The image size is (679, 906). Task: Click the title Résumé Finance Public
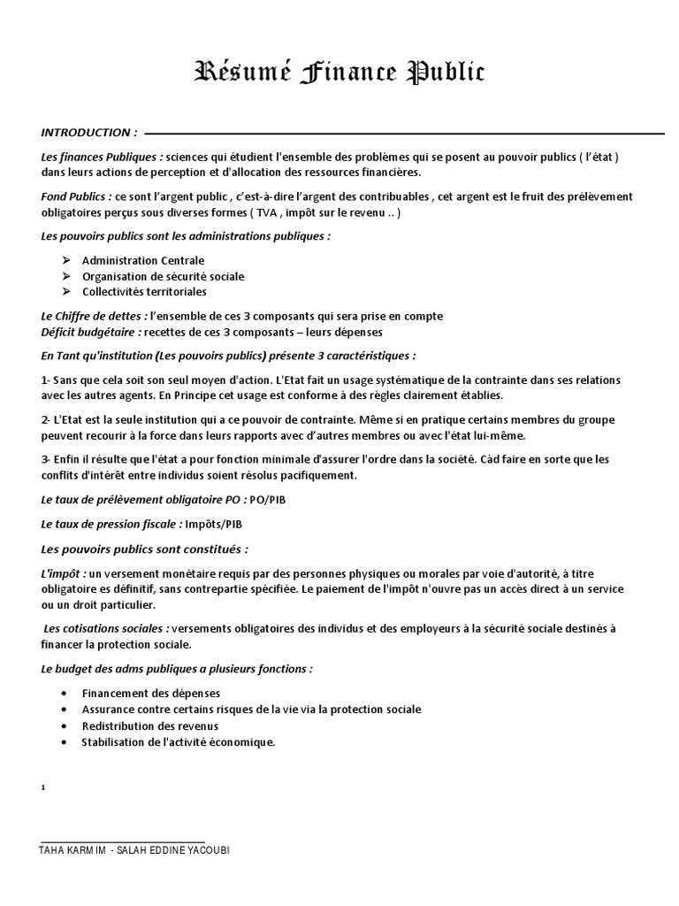(339, 73)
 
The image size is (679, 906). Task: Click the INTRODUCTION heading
(88, 133)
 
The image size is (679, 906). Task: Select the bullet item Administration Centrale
(143, 260)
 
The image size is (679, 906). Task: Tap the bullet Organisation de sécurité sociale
(163, 276)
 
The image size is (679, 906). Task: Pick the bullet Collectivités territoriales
(144, 291)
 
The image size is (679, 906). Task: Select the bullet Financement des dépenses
(150, 693)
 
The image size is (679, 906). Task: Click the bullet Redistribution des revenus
(150, 726)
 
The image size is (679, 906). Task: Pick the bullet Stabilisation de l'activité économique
(179, 742)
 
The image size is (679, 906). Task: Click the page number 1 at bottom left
(43, 787)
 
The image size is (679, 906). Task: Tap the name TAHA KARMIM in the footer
(73, 850)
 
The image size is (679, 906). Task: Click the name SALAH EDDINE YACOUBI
(177, 850)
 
